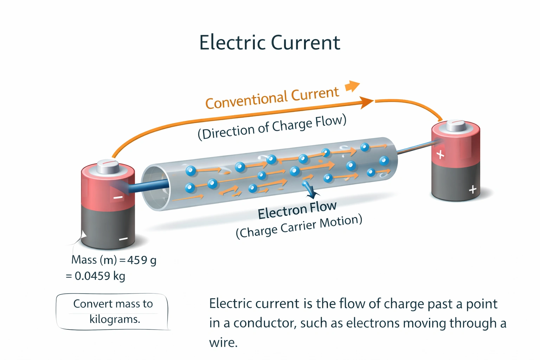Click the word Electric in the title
click(232, 43)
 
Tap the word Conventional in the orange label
click(246, 100)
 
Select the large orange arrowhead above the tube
click(367, 102)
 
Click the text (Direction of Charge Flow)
click(272, 127)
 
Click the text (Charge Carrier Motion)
click(299, 227)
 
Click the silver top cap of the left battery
click(108, 166)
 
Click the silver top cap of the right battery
click(456, 125)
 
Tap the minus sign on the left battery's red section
click(118, 198)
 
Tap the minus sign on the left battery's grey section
click(123, 239)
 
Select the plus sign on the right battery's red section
click(440, 154)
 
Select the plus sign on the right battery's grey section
click(472, 190)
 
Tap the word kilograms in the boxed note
click(115, 319)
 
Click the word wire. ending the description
click(223, 342)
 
